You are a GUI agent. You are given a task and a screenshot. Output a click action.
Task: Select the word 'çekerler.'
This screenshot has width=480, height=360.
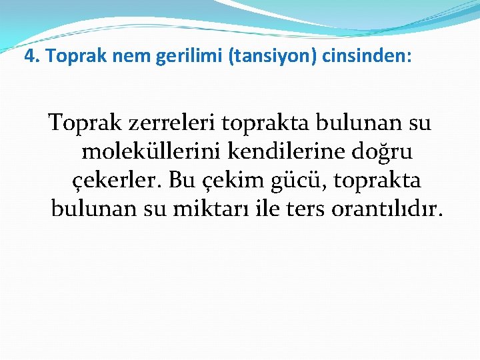[x=115, y=181]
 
